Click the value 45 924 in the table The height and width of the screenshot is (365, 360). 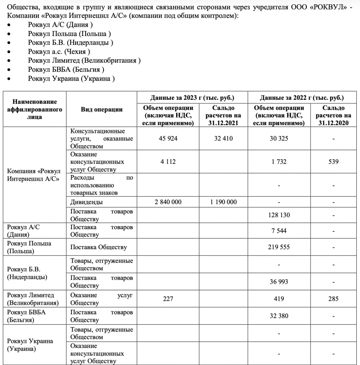pos(168,138)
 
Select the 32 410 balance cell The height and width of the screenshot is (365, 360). pos(223,138)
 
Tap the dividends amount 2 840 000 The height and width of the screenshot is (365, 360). pos(168,202)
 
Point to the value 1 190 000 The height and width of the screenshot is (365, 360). pos(223,202)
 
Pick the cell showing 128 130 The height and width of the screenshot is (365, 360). pos(279,215)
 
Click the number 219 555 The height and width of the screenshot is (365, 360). pos(279,247)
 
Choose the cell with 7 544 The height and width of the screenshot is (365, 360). pos(279,231)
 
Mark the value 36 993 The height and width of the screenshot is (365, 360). pos(279,282)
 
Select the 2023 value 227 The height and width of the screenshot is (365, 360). pos(168,299)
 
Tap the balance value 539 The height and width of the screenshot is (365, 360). pos(333,161)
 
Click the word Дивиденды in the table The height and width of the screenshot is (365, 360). pos(87,202)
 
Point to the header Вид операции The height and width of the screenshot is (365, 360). pos(102,109)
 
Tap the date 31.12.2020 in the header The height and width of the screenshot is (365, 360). pos(333,123)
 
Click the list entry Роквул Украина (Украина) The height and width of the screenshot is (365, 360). pos(71,79)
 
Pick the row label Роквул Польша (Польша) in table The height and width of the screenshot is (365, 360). pos(29,247)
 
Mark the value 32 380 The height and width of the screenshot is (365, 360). pos(279,316)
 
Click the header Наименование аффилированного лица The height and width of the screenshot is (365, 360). pos(35,109)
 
